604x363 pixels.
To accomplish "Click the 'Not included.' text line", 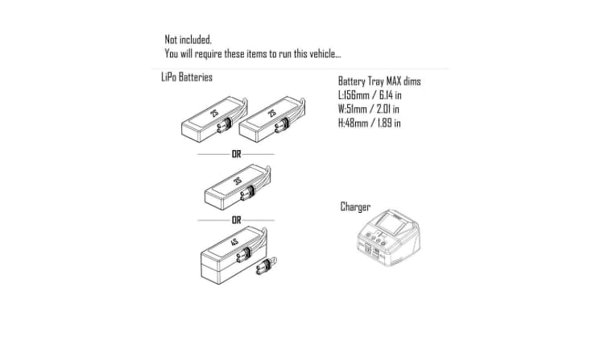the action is tap(188, 40).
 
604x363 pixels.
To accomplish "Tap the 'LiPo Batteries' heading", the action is tap(187, 77).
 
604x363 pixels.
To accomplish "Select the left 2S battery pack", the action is tap(214, 119).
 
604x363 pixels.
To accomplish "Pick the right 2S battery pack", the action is tap(272, 119).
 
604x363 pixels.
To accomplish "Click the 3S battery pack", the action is tap(238, 187).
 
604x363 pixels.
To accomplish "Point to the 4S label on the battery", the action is tap(234, 242).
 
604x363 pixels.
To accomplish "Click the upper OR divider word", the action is tap(236, 154).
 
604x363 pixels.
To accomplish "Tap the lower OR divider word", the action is tap(236, 220).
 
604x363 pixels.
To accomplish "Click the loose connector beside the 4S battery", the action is tap(267, 265).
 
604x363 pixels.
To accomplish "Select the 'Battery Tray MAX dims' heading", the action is tap(379, 81).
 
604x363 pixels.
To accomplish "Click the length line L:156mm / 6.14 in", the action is tap(370, 95).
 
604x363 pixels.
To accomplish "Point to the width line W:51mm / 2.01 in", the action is tap(369, 109).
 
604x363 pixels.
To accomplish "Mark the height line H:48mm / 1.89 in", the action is tap(370, 123).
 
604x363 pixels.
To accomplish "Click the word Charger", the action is tap(355, 207).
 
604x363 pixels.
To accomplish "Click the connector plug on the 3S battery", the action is tap(247, 193).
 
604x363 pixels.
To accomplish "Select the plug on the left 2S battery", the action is tap(224, 125).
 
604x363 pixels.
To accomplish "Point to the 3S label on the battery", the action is tap(238, 181).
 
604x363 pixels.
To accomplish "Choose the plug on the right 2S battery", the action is tap(282, 125).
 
